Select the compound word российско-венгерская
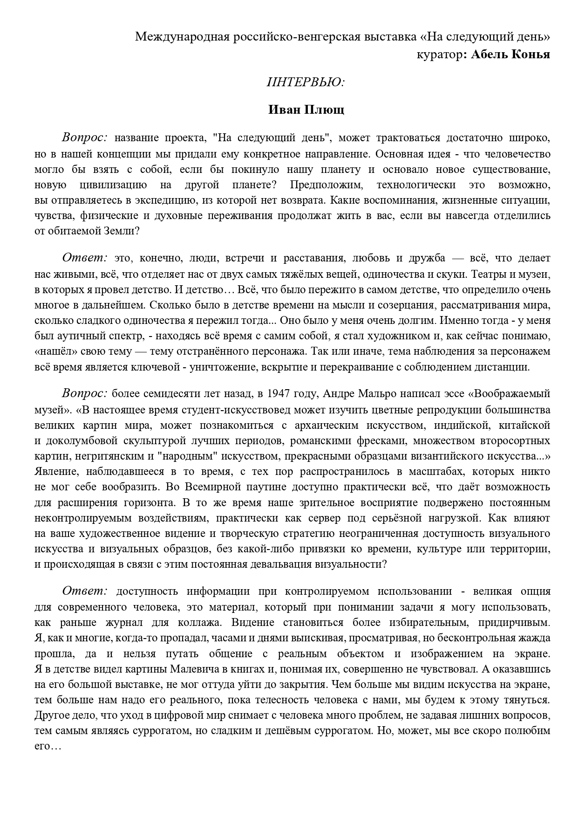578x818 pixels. (x=284, y=37)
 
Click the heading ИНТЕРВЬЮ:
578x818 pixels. (x=306, y=82)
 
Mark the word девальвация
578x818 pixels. (x=282, y=564)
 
